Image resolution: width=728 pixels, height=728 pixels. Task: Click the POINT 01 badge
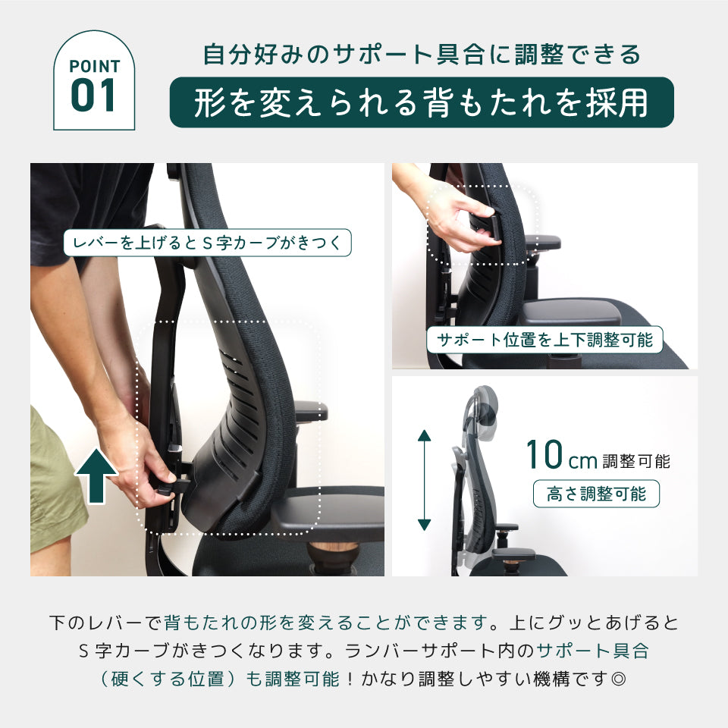(94, 81)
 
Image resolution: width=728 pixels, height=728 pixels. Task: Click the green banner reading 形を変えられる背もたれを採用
(421, 102)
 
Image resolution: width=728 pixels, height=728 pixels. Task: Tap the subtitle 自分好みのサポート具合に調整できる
(422, 55)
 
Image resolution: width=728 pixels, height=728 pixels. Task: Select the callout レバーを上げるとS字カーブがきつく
(208, 243)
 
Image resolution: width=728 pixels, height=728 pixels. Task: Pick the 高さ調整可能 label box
(596, 494)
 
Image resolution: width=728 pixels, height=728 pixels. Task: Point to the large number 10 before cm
(544, 455)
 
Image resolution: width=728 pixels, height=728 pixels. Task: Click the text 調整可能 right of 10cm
(636, 461)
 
